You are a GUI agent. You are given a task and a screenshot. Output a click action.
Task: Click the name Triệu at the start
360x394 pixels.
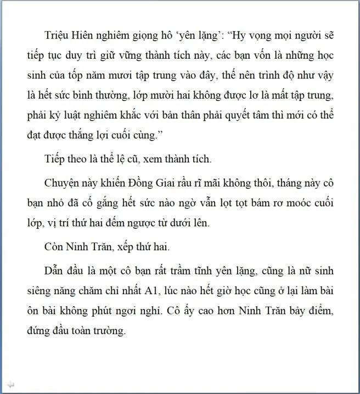point(57,35)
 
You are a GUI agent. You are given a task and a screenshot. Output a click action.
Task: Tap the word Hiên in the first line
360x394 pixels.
point(86,35)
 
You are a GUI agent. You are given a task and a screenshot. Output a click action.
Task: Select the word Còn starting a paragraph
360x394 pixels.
point(54,246)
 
